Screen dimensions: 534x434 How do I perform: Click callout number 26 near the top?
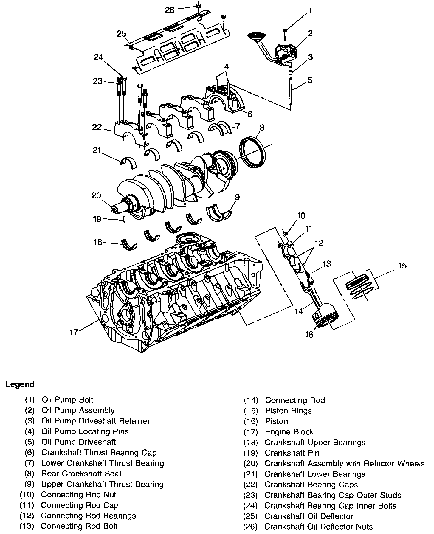click(x=170, y=10)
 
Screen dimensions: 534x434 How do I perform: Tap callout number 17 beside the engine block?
click(x=74, y=332)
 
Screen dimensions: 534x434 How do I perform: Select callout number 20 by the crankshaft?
click(x=96, y=195)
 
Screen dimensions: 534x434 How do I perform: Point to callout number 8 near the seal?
click(x=261, y=128)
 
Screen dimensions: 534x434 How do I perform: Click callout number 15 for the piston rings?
click(x=402, y=266)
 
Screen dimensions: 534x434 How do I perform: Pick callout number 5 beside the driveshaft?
click(x=310, y=80)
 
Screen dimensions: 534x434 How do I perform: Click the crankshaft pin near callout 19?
click(x=124, y=220)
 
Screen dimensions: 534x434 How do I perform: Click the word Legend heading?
click(x=20, y=384)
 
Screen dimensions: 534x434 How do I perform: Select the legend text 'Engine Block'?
click(x=289, y=432)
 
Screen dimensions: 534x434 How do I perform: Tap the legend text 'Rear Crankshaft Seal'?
click(x=81, y=474)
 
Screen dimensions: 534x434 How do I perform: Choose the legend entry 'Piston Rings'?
click(x=288, y=411)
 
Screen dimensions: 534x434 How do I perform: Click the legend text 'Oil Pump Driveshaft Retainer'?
click(x=95, y=421)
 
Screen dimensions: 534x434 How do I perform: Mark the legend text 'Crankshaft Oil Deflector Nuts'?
click(x=318, y=527)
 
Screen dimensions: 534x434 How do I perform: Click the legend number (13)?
click(x=27, y=527)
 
